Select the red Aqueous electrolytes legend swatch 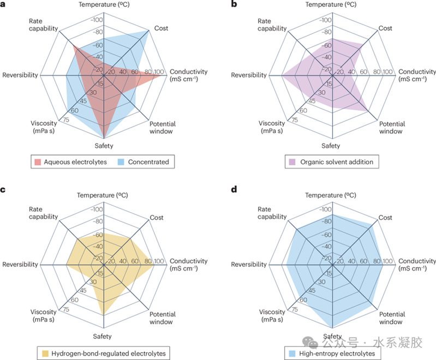pos(37,161)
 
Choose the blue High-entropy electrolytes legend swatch pos(291,354)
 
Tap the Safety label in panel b pos(331,146)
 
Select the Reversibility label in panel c pos(20,265)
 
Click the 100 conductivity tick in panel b pos(388,72)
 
